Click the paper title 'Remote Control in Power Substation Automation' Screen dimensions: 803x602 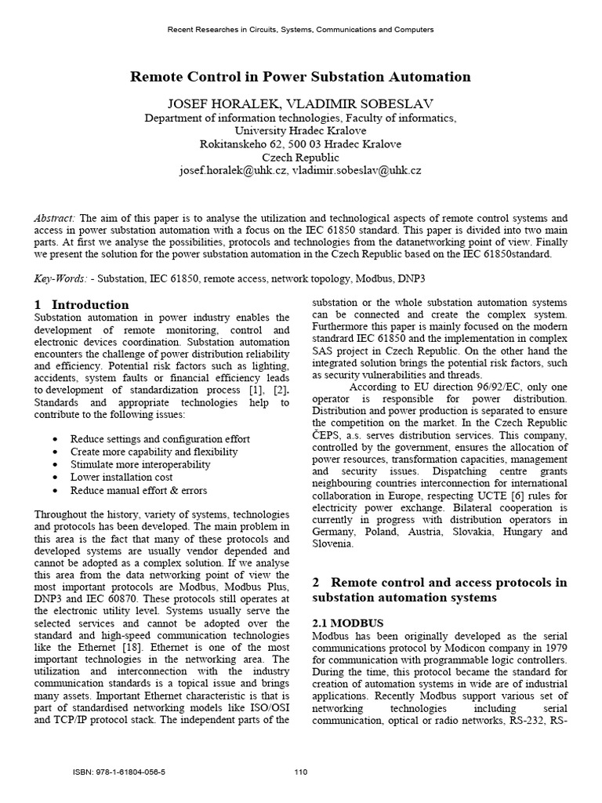tap(300, 77)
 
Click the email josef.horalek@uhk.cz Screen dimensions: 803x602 tap(233, 170)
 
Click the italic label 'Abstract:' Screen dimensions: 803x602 tap(56, 218)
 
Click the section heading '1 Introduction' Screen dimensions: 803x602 tap(82, 304)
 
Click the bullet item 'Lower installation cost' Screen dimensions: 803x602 tap(121, 477)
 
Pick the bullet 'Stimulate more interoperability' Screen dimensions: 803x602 tap(140, 464)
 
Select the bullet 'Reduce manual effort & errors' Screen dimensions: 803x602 tap(139, 490)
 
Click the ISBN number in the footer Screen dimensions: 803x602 tap(119, 772)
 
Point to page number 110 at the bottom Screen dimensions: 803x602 tap(300, 772)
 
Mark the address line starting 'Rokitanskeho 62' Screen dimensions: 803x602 tap(300, 144)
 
